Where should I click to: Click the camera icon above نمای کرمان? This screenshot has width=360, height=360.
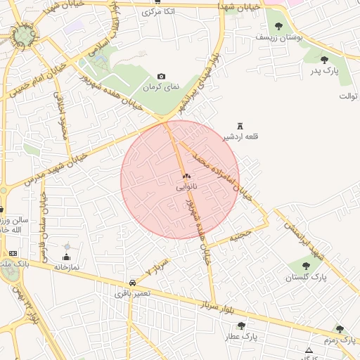tap(162, 76)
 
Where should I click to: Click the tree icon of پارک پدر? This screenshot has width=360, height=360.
tap(324, 60)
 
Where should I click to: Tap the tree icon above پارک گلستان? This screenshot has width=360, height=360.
tap(306, 266)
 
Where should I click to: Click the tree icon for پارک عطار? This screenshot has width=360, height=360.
tap(241, 326)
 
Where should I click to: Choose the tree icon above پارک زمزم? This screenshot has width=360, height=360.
tap(340, 328)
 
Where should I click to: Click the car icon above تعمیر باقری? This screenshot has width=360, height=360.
tap(133, 282)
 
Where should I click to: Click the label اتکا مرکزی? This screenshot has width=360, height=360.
tap(157, 12)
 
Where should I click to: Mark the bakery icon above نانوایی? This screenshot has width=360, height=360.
tap(186, 176)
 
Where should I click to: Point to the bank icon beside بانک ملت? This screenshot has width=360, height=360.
tap(13, 253)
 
